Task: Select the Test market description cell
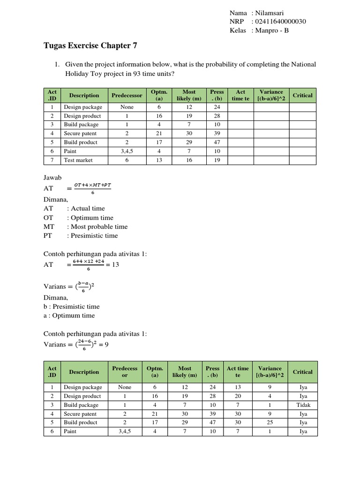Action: (x=78, y=160)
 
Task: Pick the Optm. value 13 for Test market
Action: (x=159, y=160)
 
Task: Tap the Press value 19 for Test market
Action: (x=217, y=160)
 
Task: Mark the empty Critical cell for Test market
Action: (x=302, y=160)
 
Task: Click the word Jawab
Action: (x=52, y=178)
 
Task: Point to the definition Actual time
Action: (x=88, y=209)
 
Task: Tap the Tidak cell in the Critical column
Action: (x=302, y=405)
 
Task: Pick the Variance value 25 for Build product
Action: (x=270, y=422)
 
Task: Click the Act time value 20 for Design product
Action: (x=238, y=397)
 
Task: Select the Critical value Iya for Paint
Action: (x=302, y=431)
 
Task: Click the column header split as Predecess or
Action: (x=125, y=372)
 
